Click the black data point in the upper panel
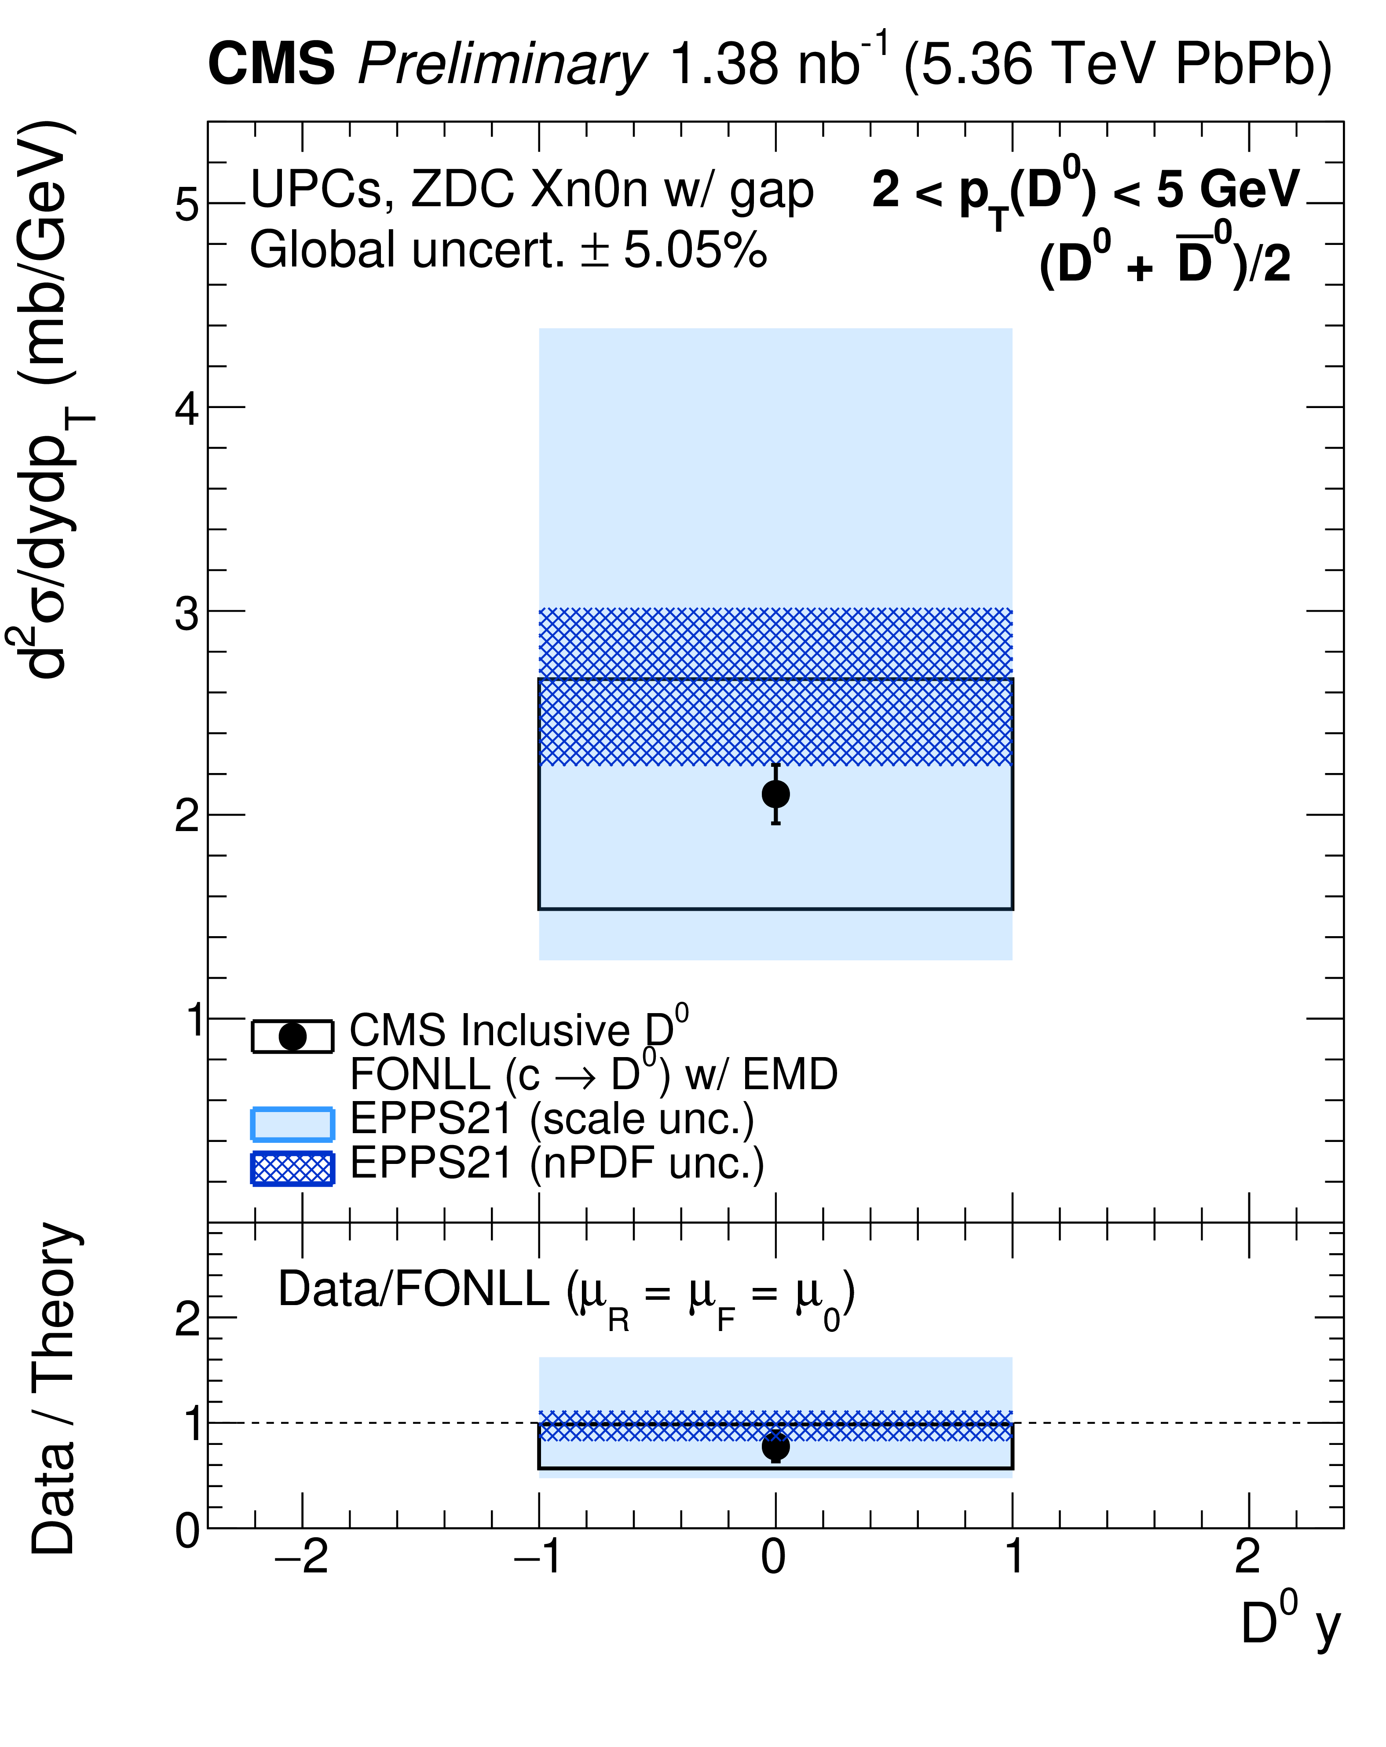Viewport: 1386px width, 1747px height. pyautogui.click(x=775, y=794)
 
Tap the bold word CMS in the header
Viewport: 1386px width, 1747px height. pyautogui.click(x=271, y=63)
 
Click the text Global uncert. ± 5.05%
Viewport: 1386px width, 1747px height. pyautogui.click(x=508, y=250)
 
